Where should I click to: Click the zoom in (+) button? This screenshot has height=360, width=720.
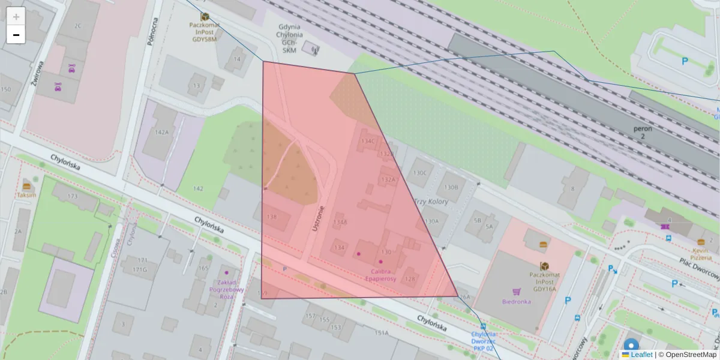(16, 17)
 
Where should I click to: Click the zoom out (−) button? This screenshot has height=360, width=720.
(16, 35)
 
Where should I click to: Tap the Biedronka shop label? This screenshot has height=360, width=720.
(516, 301)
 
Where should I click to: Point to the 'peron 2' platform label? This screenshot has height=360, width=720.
(643, 133)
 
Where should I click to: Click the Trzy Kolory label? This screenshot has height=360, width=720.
(431, 202)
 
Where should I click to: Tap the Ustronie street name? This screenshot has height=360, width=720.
(318, 218)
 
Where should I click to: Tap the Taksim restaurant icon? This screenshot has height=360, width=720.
(26, 185)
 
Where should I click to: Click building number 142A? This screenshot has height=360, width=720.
(161, 132)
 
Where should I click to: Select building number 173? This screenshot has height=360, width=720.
(73, 196)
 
